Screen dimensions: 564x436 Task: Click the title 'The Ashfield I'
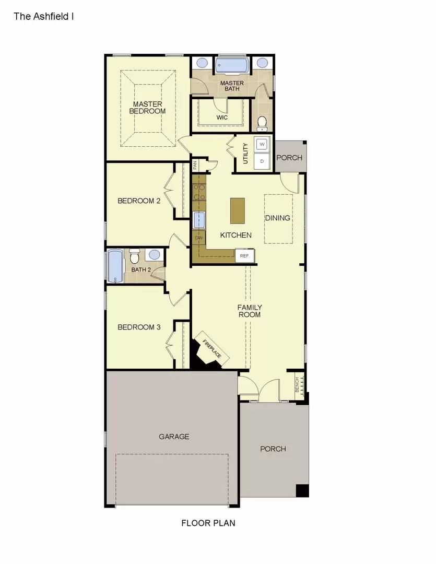pyautogui.click(x=43, y=16)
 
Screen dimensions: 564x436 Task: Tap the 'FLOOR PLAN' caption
pyautogui.click(x=208, y=523)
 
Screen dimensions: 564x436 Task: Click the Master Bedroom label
pyautogui.click(x=147, y=108)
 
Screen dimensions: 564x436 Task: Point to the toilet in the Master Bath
pyautogui.click(x=262, y=123)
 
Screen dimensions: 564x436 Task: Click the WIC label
pyautogui.click(x=222, y=118)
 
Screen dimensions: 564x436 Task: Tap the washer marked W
pyautogui.click(x=262, y=144)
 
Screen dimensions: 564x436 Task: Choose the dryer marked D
pyautogui.click(x=262, y=161)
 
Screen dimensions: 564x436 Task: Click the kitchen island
pyautogui.click(x=238, y=210)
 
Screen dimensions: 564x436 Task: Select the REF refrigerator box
pyautogui.click(x=245, y=256)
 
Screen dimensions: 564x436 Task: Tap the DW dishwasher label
pyautogui.click(x=198, y=238)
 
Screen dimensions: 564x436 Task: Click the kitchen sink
pyautogui.click(x=199, y=220)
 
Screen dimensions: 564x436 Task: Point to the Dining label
pyautogui.click(x=278, y=218)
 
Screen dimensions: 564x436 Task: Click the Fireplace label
pyautogui.click(x=212, y=349)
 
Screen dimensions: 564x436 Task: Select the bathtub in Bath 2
pyautogui.click(x=115, y=266)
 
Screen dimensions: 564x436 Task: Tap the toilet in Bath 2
pyautogui.click(x=135, y=256)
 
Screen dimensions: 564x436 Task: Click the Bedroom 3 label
pyautogui.click(x=139, y=327)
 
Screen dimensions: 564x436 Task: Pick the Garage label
pyautogui.click(x=174, y=437)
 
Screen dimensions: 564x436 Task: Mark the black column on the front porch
pyautogui.click(x=302, y=491)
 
